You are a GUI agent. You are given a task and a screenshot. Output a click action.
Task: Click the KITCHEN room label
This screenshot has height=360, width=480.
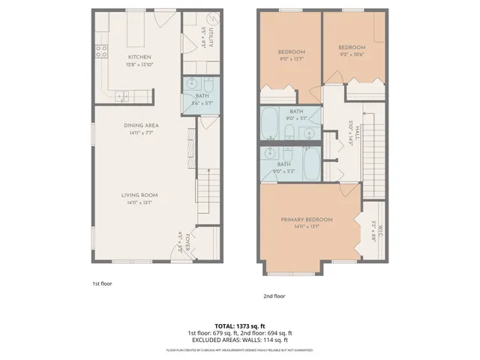(139, 57)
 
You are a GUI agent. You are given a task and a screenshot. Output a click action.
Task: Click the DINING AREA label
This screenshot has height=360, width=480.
(139, 126)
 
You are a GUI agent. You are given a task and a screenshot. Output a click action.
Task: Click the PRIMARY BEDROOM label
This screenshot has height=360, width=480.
(307, 220)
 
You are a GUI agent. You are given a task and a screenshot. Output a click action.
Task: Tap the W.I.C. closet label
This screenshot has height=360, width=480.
(379, 224)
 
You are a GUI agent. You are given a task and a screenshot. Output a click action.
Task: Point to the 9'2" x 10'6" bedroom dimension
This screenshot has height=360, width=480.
(351, 53)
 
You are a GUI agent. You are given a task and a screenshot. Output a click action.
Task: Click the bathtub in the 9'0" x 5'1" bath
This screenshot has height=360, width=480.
(269, 122)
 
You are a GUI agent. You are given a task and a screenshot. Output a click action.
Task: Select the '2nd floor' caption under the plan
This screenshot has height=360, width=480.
(274, 296)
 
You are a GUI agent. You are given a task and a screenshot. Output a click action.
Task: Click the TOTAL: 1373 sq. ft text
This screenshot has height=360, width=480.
(240, 326)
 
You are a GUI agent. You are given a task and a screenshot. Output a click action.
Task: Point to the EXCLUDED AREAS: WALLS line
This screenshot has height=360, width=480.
(240, 340)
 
